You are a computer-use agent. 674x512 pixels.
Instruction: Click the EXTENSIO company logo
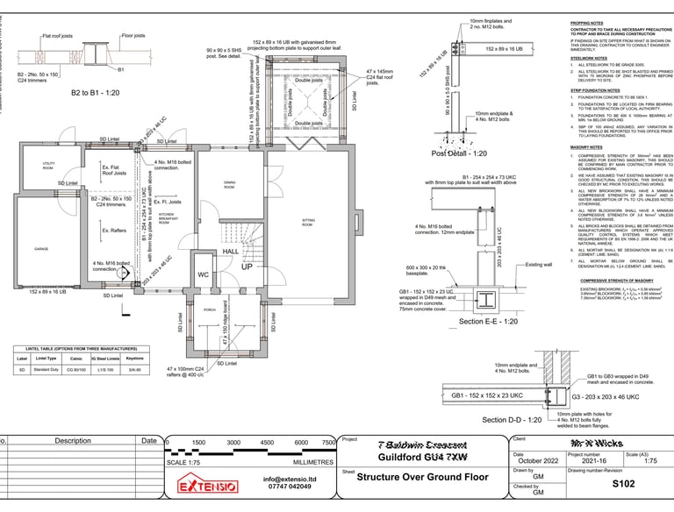pos(208,485)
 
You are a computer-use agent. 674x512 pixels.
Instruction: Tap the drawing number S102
pos(622,482)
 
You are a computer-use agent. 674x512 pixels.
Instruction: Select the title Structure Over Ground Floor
pos(421,478)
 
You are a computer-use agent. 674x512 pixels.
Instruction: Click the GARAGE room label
pos(41,250)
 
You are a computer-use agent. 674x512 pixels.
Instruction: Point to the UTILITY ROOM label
pos(48,167)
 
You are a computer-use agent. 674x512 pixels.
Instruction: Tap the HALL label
pos(230,252)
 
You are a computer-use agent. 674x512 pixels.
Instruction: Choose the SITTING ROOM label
pos(308,223)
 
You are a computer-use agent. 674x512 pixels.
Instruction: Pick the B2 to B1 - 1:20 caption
pos(96,91)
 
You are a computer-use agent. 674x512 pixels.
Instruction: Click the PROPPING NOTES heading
pos(588,23)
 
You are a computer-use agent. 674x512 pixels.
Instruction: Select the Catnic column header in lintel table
pos(75,358)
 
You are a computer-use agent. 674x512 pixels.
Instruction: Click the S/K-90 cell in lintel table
pos(134,371)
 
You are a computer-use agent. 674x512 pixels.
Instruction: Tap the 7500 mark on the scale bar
pos(328,443)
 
